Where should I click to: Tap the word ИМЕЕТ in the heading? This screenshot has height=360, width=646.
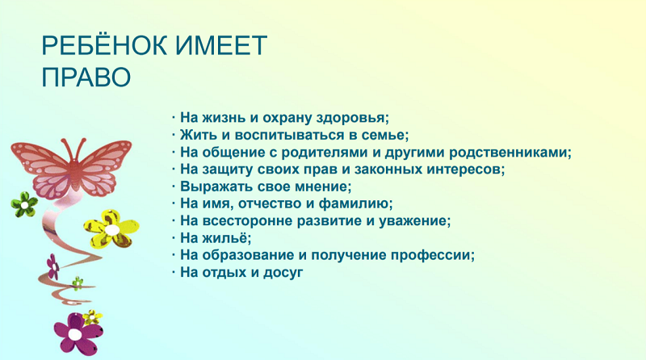tap(221, 45)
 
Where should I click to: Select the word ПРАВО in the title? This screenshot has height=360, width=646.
tap(86, 77)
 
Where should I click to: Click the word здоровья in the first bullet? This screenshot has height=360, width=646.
tap(353, 118)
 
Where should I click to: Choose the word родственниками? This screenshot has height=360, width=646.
tap(510, 153)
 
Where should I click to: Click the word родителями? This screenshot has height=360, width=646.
tap(325, 153)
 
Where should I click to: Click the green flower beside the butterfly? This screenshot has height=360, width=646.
tap(24, 205)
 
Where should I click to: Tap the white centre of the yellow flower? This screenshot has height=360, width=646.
tap(111, 229)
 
